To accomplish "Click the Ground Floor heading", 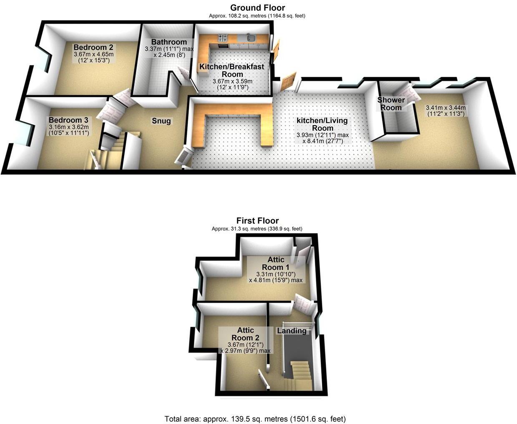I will tap(257, 8).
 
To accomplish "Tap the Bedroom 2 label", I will tap(93, 47).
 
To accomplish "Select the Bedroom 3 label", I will tap(68, 120).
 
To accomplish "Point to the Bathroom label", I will tap(169, 42).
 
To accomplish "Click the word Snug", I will tap(161, 121).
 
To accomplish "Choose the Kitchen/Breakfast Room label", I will tap(232, 70).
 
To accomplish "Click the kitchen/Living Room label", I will tap(322, 124).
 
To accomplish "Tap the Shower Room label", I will tap(391, 103).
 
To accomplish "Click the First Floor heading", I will tap(257, 221).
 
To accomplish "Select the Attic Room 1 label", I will tap(276, 264).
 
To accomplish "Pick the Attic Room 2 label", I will tap(246, 334).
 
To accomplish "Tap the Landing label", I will tap(292, 331).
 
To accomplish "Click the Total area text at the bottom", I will tap(255, 419).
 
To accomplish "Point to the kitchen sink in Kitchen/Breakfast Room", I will tap(251, 38).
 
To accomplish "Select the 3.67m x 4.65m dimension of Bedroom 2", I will tap(93, 54).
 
